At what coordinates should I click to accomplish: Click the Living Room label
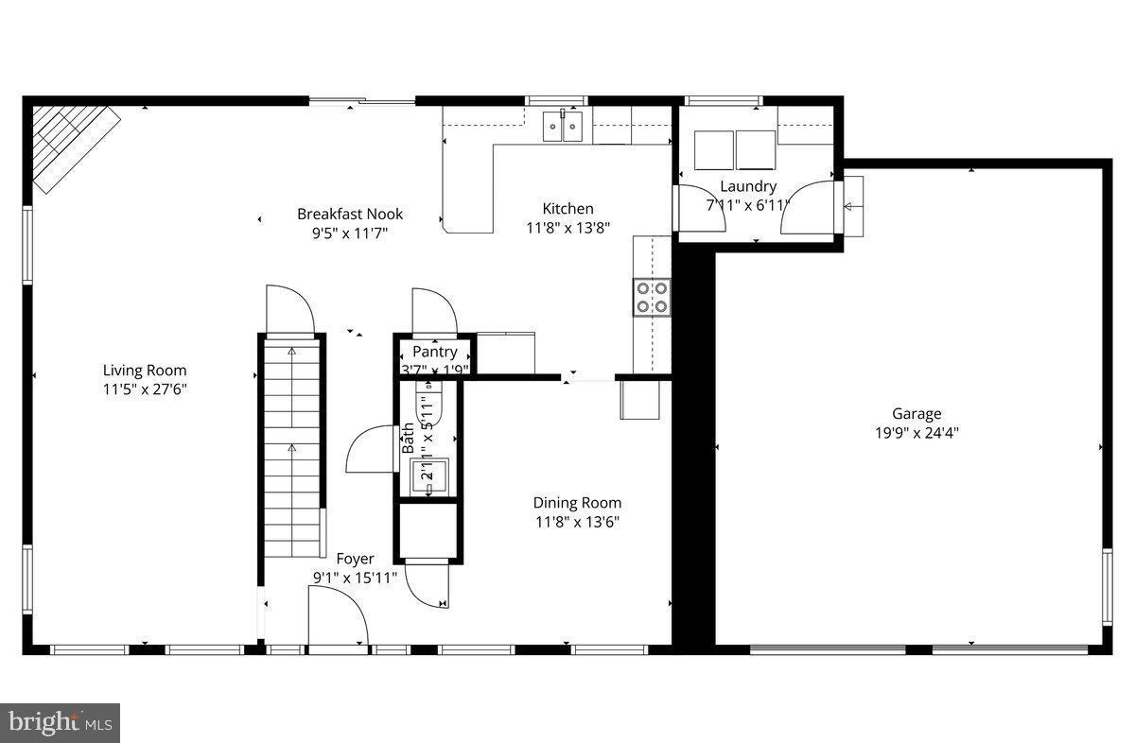click(145, 371)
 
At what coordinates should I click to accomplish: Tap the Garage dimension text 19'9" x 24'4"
click(917, 433)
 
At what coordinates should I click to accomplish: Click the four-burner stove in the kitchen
click(652, 296)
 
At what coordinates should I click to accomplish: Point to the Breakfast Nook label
click(343, 214)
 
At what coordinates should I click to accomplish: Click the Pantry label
click(434, 352)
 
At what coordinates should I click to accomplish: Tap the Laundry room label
click(747, 186)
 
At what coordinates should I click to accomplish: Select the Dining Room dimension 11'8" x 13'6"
click(577, 521)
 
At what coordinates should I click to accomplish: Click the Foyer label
click(355, 559)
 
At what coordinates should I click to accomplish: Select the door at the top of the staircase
click(289, 310)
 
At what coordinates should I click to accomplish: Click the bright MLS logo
click(60, 723)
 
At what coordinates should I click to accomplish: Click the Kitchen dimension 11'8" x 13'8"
click(567, 227)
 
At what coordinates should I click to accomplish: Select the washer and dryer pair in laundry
click(735, 149)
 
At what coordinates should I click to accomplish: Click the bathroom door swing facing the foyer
click(372, 449)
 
